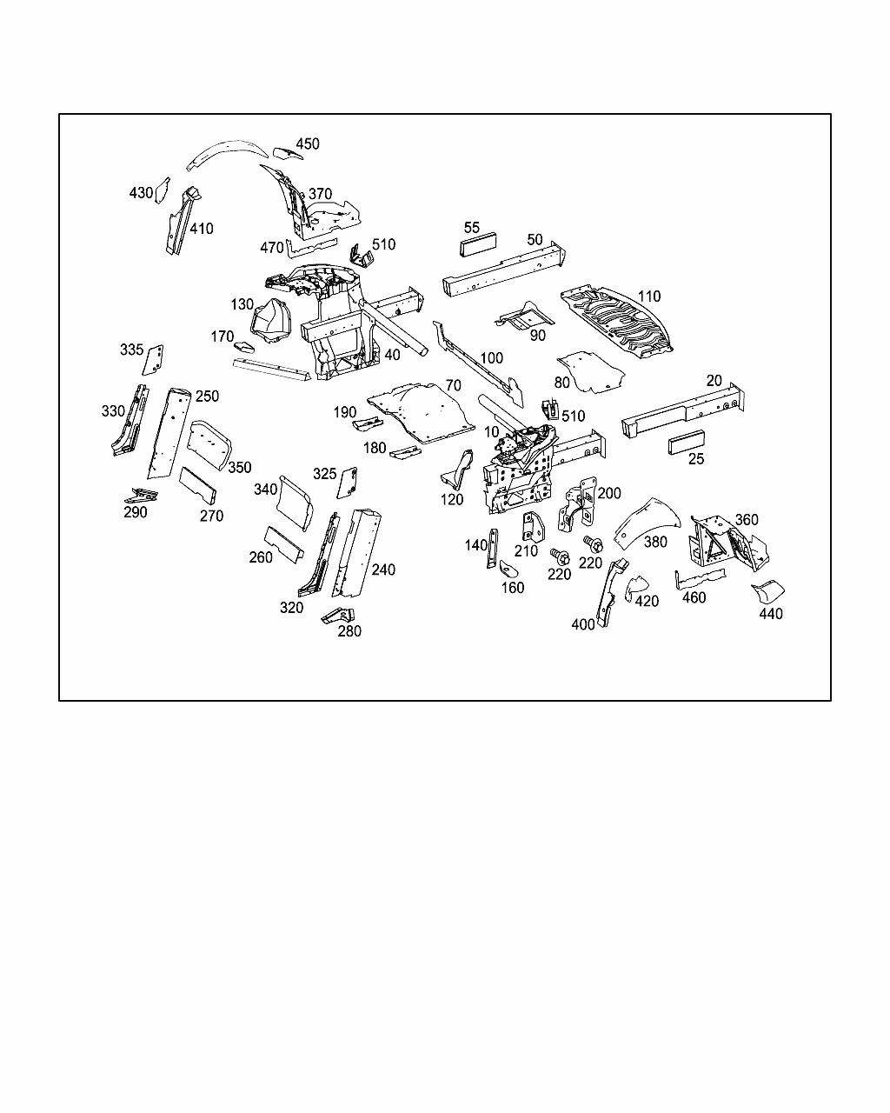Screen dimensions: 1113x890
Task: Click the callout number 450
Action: pos(308,144)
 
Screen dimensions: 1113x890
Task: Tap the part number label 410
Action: pos(201,229)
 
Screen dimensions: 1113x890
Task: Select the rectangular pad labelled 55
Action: pos(476,245)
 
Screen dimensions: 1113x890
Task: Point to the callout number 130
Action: pos(242,305)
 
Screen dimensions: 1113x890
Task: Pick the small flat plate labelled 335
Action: pos(156,359)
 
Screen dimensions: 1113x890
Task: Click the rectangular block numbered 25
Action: pos(687,443)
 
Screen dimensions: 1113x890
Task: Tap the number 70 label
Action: pos(453,385)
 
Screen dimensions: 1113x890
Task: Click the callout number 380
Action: pos(655,542)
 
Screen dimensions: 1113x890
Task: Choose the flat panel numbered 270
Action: pos(197,485)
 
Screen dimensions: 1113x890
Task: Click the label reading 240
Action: pos(383,570)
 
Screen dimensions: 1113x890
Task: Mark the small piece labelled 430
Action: pos(161,192)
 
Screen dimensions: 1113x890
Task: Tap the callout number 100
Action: pos(491,357)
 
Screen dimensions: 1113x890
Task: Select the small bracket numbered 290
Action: pos(142,496)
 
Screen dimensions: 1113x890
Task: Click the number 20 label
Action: pos(714,380)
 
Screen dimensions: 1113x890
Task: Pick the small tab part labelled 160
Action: pos(508,569)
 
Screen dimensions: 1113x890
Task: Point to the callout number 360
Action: pos(747,520)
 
